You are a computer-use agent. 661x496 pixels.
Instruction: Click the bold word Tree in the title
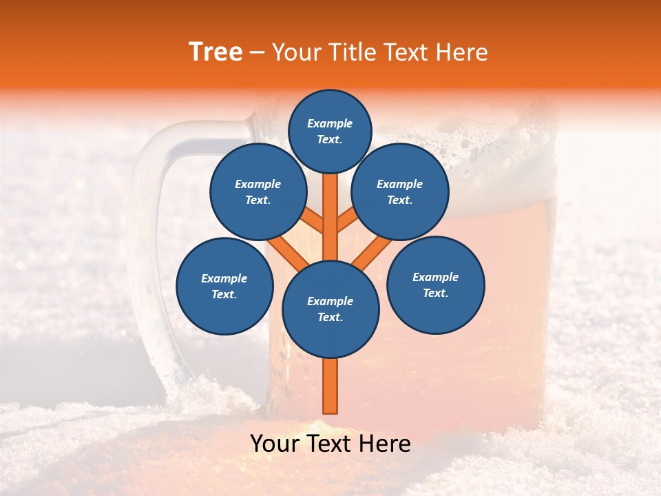click(216, 52)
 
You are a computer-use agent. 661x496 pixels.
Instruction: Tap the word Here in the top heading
click(461, 52)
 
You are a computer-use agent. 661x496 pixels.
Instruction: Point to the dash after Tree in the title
click(258, 53)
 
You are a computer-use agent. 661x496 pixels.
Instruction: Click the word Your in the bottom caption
click(275, 444)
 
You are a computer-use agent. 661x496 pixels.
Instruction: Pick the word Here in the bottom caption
click(386, 444)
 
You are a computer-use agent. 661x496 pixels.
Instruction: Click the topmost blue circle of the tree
click(330, 131)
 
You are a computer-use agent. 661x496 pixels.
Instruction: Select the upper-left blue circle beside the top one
click(258, 192)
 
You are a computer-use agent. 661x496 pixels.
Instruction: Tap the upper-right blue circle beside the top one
click(400, 192)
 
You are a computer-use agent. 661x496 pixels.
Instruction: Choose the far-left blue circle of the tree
click(224, 286)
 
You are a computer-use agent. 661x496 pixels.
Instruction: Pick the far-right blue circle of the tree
click(435, 285)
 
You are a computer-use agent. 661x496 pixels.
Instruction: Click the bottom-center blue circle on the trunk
click(330, 309)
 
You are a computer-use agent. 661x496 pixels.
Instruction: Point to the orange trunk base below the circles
click(330, 386)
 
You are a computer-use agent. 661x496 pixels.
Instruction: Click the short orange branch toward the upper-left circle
click(313, 221)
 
